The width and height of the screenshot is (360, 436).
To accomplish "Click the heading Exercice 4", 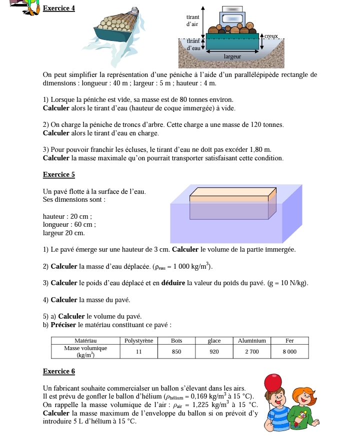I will tap(59, 8).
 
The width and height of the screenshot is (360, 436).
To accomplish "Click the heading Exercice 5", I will tap(59, 175).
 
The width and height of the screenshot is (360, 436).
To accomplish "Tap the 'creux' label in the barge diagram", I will tap(271, 36).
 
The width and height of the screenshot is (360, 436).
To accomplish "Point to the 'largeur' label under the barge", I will tap(232, 57).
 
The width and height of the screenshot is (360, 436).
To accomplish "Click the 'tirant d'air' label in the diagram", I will tap(192, 20).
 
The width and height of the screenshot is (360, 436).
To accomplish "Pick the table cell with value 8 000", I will tap(289, 352).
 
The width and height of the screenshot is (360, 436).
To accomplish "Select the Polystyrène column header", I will tap(138, 341).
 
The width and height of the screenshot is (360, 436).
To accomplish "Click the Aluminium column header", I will tap(251, 341).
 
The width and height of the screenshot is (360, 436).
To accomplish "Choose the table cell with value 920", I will tap(214, 352).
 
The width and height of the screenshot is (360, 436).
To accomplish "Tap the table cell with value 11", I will tap(138, 352).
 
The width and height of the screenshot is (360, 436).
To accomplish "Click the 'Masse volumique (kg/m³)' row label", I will tap(85, 352).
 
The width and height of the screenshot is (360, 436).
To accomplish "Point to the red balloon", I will tap(273, 383).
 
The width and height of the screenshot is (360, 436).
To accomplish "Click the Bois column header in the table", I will tap(176, 341).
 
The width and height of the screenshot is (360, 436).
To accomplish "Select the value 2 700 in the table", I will tap(251, 352).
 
